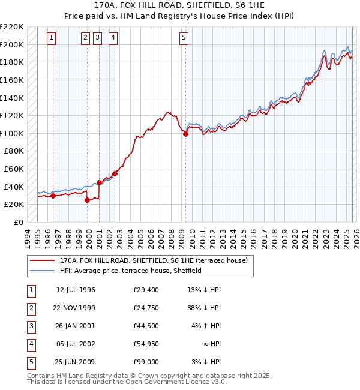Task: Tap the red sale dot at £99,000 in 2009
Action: [185, 134]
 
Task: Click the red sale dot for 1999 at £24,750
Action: [88, 200]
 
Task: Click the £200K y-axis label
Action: [12, 44]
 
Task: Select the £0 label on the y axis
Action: [18, 222]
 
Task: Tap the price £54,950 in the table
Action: [146, 344]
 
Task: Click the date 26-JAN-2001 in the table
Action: [76, 326]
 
